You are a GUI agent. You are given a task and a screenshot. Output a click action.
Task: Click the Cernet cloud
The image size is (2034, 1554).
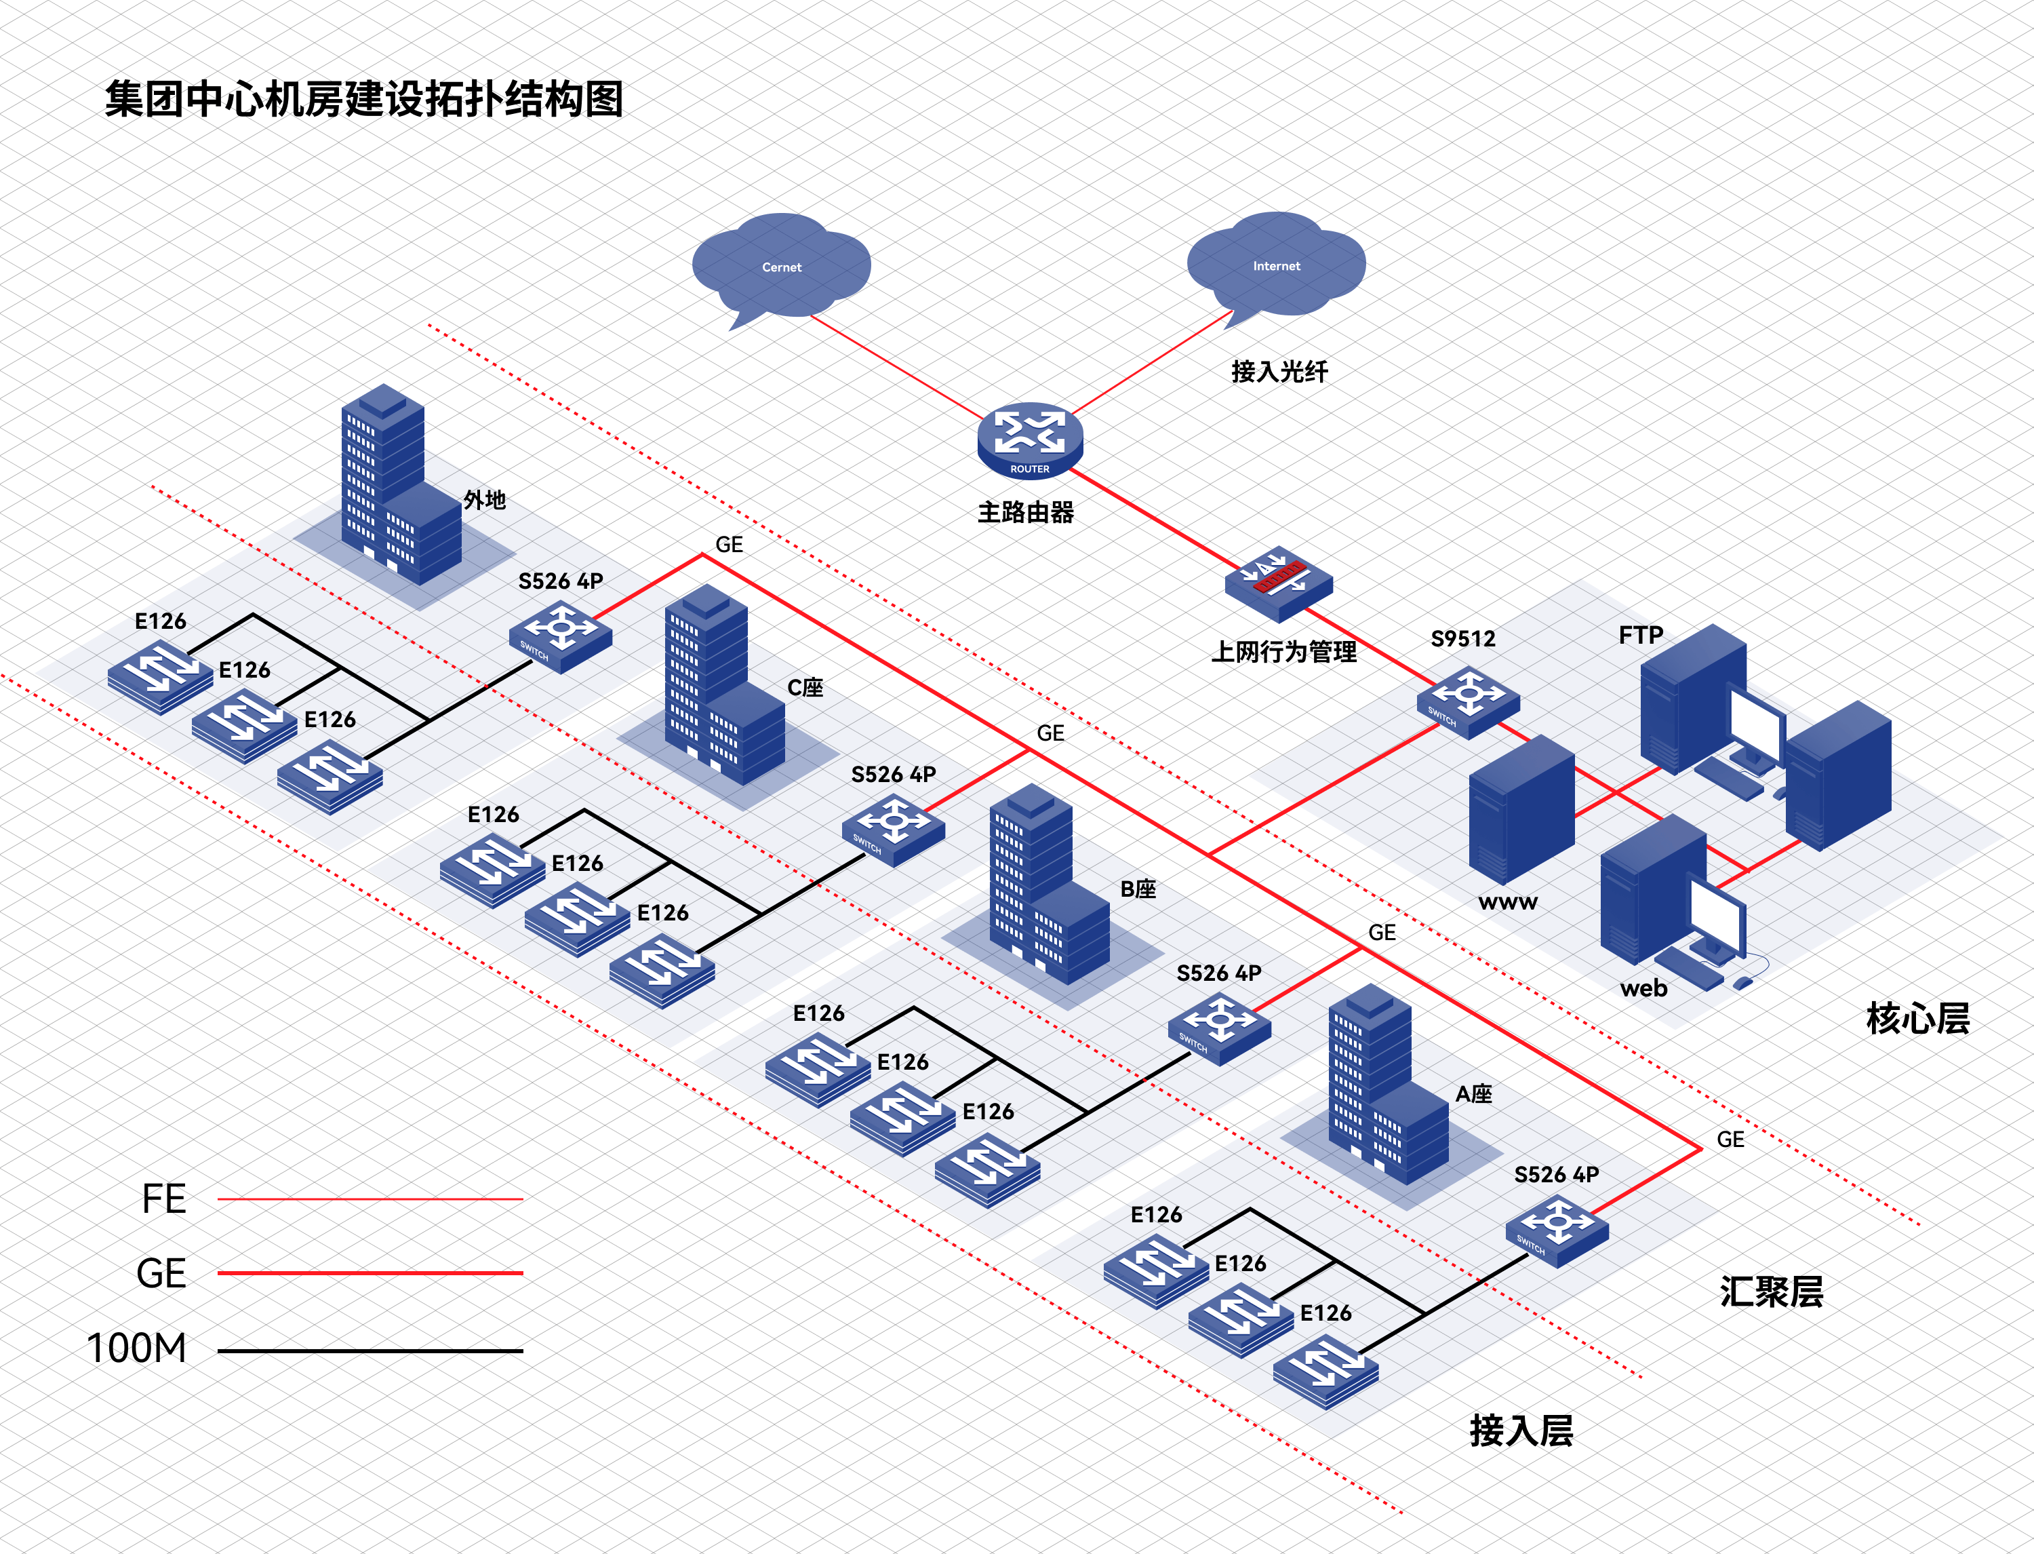click(781, 267)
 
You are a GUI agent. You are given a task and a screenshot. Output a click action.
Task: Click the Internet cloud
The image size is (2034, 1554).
click(1276, 265)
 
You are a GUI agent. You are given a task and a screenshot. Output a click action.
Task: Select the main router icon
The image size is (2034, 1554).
click(1030, 440)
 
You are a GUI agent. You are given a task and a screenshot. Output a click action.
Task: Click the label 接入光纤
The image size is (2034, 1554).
click(1279, 372)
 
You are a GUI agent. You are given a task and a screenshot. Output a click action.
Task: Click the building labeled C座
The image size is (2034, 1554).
click(724, 684)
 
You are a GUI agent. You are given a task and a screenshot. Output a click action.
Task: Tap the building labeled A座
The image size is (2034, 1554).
click(1388, 1084)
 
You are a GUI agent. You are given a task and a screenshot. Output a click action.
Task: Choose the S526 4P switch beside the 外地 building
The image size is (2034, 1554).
click(560, 636)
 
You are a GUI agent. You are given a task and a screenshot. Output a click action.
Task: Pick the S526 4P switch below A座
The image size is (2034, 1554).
click(1557, 1230)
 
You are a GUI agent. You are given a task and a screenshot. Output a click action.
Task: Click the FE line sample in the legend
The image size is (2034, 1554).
click(370, 1199)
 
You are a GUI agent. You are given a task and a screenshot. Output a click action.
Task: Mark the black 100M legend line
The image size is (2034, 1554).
click(370, 1351)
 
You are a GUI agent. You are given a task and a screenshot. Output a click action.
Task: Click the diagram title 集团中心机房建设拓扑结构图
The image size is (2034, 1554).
click(364, 99)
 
